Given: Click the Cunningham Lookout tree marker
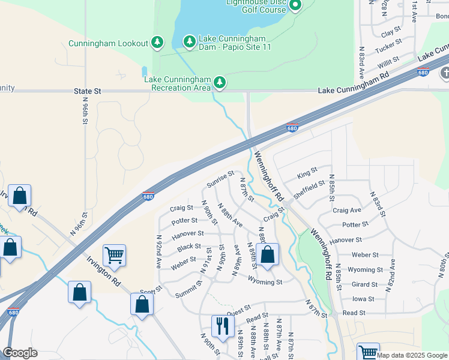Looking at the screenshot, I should tap(157, 42).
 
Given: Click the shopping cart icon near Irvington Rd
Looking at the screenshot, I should tap(114, 256).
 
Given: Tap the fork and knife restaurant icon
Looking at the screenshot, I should tap(223, 326).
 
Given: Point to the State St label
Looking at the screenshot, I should tap(88, 91).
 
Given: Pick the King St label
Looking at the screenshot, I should tap(307, 173).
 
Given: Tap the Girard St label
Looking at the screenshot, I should tap(365, 284).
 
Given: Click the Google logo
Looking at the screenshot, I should tap(20, 353).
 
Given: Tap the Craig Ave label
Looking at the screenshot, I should tap(347, 211).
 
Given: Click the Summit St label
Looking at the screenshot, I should tap(188, 292).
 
